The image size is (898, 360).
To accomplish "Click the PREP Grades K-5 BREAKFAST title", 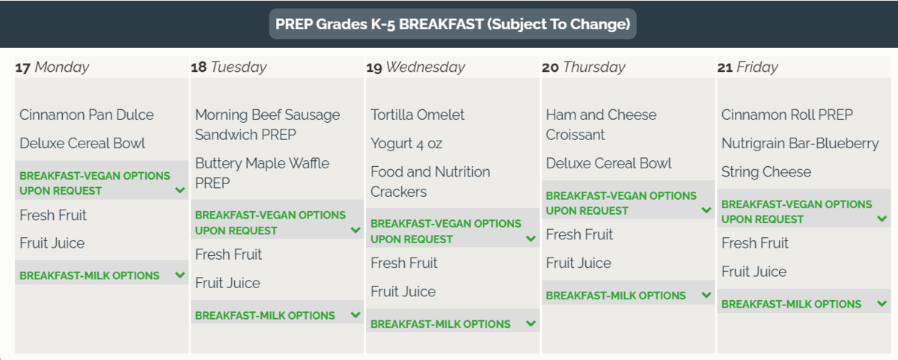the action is (453, 24).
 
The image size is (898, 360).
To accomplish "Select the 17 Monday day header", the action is (52, 67).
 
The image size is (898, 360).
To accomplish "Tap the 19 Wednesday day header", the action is (416, 67).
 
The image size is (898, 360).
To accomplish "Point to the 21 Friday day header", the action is (748, 67).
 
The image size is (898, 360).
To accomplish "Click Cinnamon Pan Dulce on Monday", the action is (87, 115).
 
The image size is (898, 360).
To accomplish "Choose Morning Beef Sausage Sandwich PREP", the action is (267, 125).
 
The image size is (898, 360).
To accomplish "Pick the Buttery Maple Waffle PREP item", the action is (262, 173).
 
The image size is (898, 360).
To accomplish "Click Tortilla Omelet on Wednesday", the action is (418, 115).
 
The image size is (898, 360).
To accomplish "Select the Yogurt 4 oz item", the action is (406, 144).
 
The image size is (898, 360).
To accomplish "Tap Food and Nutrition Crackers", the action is (430, 182).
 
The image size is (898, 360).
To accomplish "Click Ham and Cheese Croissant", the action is (601, 125).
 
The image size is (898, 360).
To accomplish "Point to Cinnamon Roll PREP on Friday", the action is (787, 115).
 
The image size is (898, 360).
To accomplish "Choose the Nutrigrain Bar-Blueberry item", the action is (800, 144).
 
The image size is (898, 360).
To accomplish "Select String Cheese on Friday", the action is (766, 172).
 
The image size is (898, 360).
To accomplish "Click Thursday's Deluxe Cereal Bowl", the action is (608, 164).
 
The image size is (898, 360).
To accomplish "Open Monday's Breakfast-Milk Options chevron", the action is (180, 275).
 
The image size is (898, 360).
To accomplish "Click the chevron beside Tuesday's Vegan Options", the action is (355, 230).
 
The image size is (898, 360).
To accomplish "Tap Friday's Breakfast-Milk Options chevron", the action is (882, 303).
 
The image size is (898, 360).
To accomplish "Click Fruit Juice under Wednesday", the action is (403, 291).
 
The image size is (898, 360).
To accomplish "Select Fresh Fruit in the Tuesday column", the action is (228, 254).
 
